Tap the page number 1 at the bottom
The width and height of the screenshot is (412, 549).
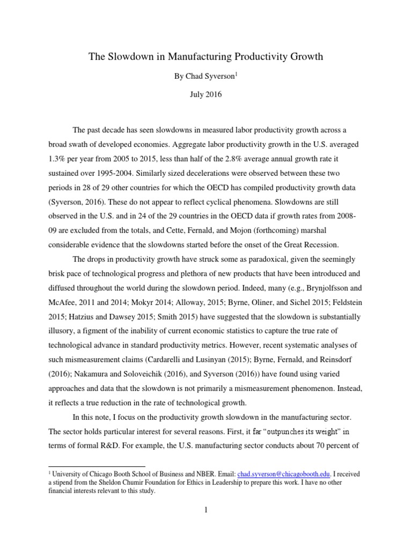coord(205,510)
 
